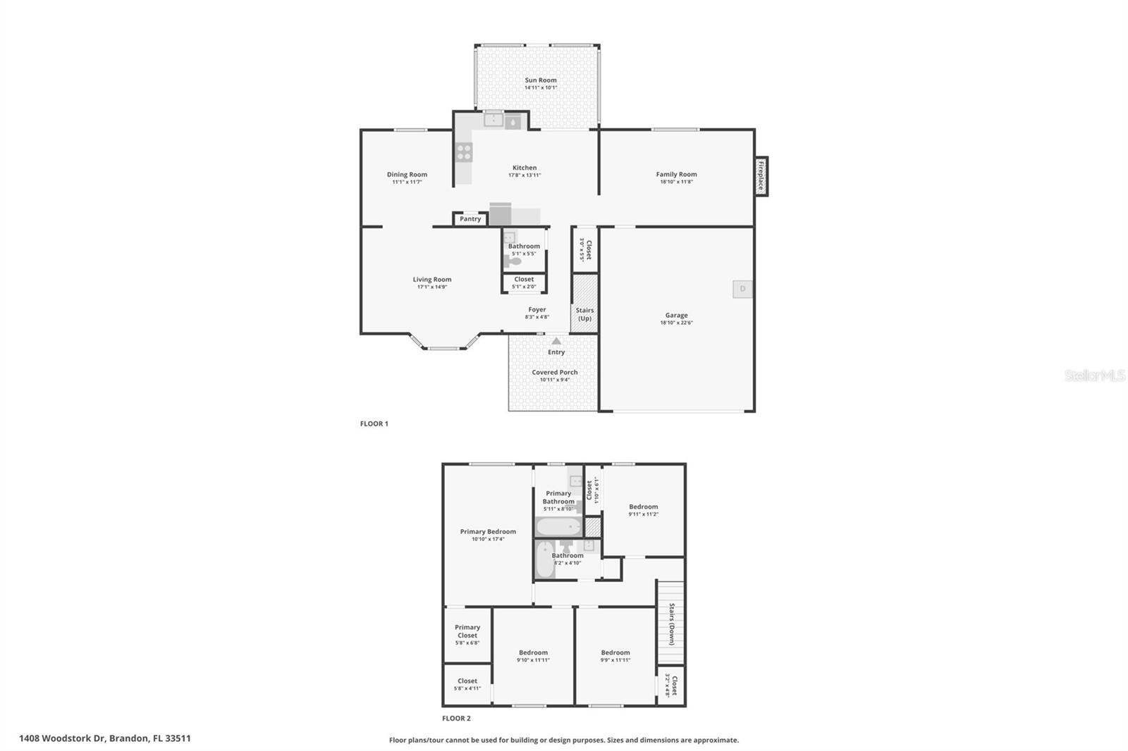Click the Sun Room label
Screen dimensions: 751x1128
[x=541, y=80]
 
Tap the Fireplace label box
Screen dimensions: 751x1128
[x=761, y=176]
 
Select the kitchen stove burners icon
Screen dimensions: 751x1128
[x=464, y=152]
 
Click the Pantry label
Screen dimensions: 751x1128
[x=470, y=219]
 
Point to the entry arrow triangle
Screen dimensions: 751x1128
[x=556, y=341]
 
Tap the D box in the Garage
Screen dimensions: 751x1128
[x=742, y=289]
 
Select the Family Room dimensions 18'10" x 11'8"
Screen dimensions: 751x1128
[x=676, y=182]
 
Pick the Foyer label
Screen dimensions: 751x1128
[x=537, y=309]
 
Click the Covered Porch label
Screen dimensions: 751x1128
[x=555, y=372]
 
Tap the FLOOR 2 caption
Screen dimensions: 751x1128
[x=456, y=719]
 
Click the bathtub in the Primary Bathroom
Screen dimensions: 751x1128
[x=558, y=527]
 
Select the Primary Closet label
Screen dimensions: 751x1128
[x=467, y=631]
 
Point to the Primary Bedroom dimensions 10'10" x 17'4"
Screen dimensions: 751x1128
[x=488, y=539]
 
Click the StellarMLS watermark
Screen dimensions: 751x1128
[x=1094, y=376]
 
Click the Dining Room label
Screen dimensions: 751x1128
[x=407, y=175]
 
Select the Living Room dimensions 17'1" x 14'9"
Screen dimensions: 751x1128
[x=432, y=287]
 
